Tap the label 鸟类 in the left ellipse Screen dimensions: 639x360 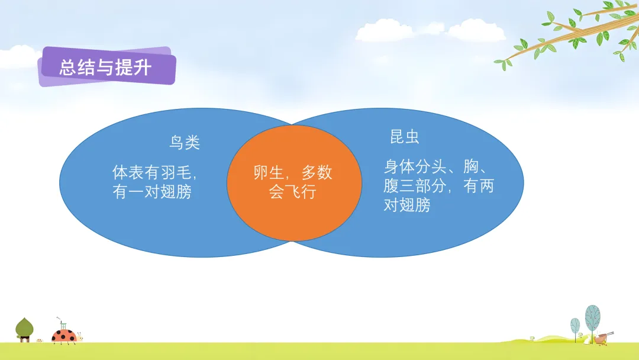(185, 142)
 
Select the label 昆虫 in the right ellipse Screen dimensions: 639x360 (405, 137)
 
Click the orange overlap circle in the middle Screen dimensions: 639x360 (294, 182)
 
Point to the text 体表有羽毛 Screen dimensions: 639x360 (152, 172)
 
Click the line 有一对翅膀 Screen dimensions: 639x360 (152, 192)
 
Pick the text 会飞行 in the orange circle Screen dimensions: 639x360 (293, 192)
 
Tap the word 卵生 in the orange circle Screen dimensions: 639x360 (269, 172)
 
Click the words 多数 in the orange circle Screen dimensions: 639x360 (317, 172)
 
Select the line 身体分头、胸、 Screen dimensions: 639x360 (436, 166)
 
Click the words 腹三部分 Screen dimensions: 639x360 (414, 186)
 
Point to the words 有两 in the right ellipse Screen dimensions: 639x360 (479, 186)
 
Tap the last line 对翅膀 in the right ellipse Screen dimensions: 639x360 (406, 205)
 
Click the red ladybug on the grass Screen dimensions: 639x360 (64, 336)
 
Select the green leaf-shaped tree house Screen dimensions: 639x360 (24, 329)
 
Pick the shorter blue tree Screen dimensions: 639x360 (575, 328)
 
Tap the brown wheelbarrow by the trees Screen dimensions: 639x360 (602, 338)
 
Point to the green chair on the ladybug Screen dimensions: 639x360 (63, 325)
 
